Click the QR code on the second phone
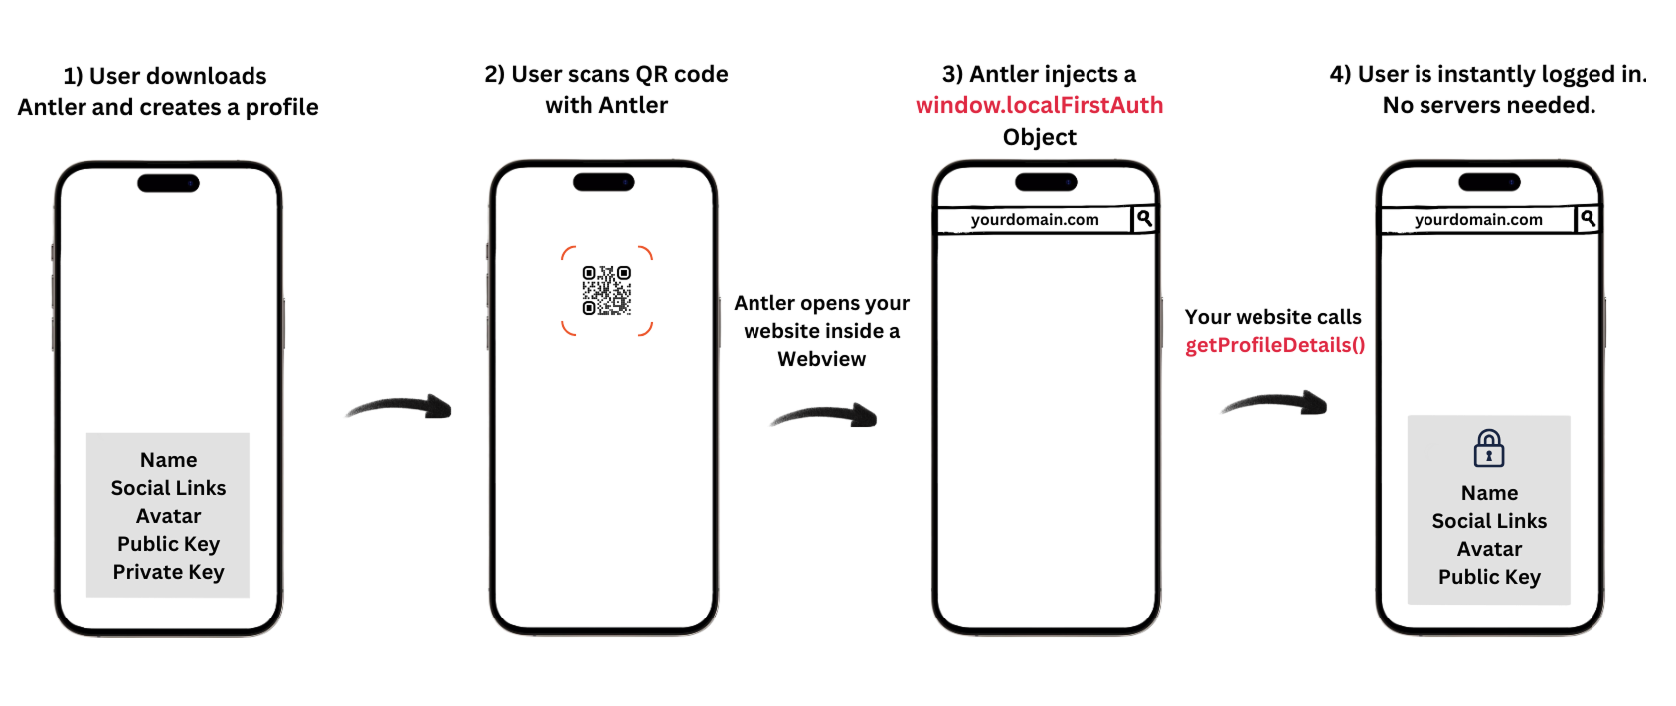pyautogui.click(x=606, y=290)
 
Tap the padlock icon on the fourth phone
pyautogui.click(x=1488, y=448)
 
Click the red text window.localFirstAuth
pyautogui.click(x=1039, y=105)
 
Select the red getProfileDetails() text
pyautogui.click(x=1274, y=345)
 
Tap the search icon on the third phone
pyautogui.click(x=1144, y=218)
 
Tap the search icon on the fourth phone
pyautogui.click(x=1588, y=218)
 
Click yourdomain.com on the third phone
pyautogui.click(x=1035, y=220)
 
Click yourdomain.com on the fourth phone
pyautogui.click(x=1478, y=220)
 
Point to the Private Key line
pyautogui.click(x=168, y=572)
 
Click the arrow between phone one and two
pyautogui.click(x=400, y=406)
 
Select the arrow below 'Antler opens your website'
pyautogui.click(x=824, y=415)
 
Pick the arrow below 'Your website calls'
pyautogui.click(x=1274, y=403)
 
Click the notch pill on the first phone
pyautogui.click(x=168, y=183)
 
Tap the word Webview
pyautogui.click(x=821, y=359)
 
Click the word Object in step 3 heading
pyautogui.click(x=1039, y=137)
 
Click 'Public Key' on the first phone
pyautogui.click(x=168, y=544)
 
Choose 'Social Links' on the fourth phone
pyautogui.click(x=1489, y=521)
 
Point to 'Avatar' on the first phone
pyautogui.click(x=168, y=516)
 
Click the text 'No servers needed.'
pyautogui.click(x=1488, y=105)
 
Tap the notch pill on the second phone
pyautogui.click(x=603, y=182)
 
